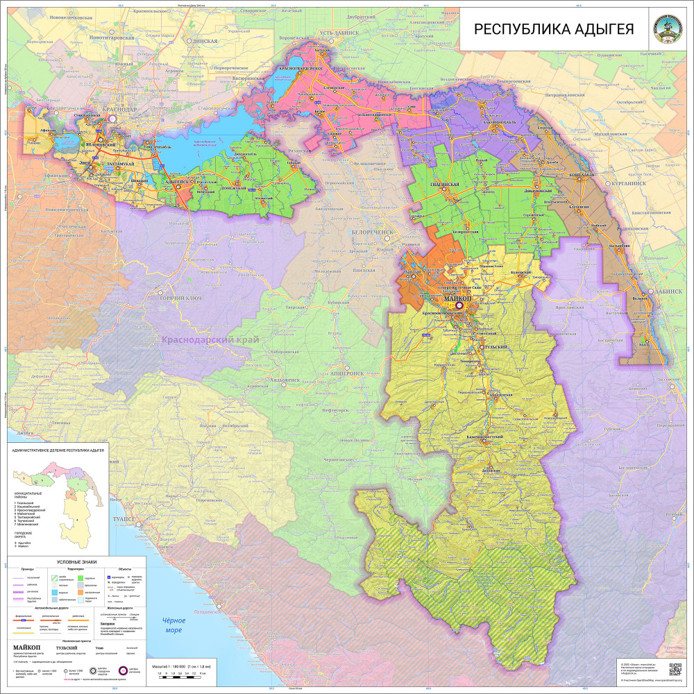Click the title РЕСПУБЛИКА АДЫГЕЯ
click(553, 29)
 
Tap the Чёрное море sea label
click(169, 625)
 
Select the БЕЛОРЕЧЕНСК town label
click(373, 232)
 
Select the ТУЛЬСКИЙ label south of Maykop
click(494, 346)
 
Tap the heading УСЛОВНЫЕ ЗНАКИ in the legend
click(76, 561)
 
